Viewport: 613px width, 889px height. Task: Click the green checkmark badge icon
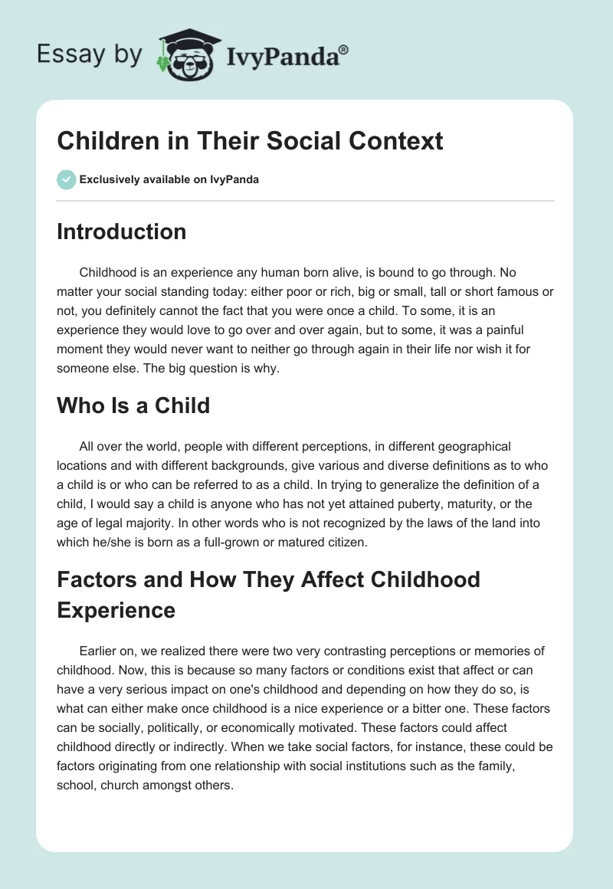[66, 179]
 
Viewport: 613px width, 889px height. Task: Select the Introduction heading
[121, 231]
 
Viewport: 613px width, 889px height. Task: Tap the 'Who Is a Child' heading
[133, 405]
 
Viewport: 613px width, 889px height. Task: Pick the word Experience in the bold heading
[116, 610]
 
